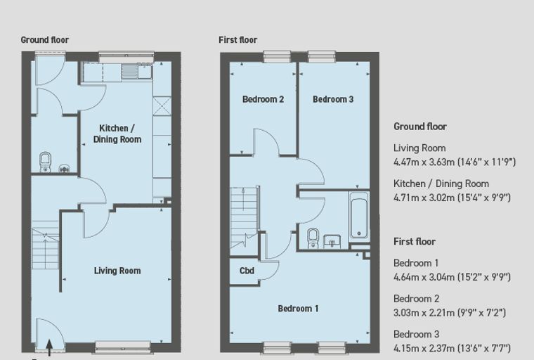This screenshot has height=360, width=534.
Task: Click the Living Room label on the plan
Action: [x=117, y=271]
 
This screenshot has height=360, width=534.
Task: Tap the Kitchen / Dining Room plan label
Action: [x=117, y=134]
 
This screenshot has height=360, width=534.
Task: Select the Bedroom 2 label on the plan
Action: [x=263, y=99]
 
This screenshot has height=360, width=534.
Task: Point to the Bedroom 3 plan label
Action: [x=333, y=99]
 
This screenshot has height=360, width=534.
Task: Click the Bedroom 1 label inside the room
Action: [x=298, y=309]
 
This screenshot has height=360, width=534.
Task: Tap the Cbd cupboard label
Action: [x=247, y=271]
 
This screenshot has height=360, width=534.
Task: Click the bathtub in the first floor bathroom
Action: [x=359, y=215]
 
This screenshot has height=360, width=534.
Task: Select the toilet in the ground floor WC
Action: [x=45, y=162]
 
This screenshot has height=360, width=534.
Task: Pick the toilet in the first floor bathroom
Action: [x=313, y=238]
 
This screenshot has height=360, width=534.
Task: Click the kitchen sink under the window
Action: [x=136, y=72]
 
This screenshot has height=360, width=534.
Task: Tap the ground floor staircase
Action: [x=46, y=245]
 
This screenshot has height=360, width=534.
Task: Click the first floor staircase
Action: [x=245, y=217]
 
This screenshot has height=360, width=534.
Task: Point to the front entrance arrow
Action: [x=49, y=348]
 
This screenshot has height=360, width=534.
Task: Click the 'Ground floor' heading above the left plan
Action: [x=44, y=40]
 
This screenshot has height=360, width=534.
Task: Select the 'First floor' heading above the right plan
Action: [x=237, y=40]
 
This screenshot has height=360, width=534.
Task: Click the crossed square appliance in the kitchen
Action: [x=162, y=106]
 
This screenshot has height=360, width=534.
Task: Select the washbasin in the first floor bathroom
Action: [x=332, y=241]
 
